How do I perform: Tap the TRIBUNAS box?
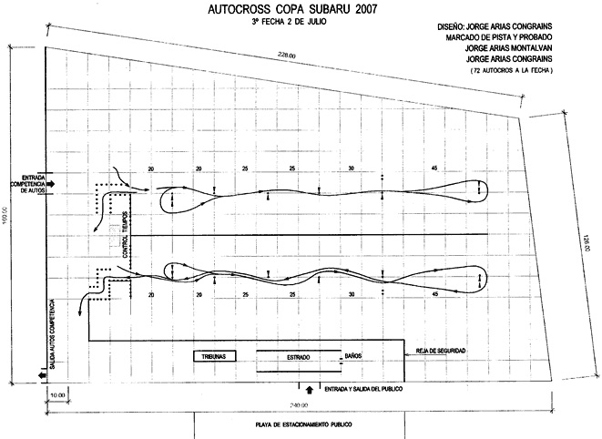[x=215, y=356]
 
